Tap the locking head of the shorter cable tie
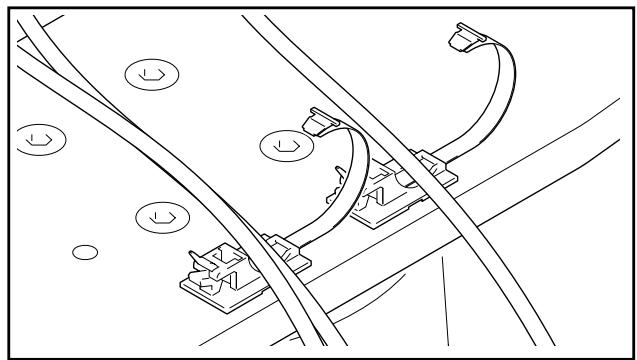pyautogui.click(x=315, y=122)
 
